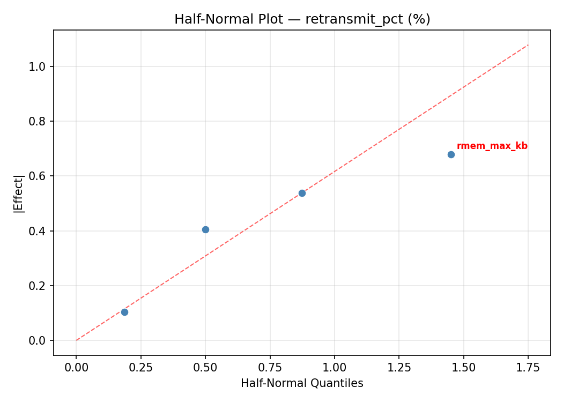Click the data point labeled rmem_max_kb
tap(451, 154)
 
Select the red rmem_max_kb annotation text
tap(492, 146)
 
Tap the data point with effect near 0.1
tap(124, 312)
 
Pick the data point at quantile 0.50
tap(205, 229)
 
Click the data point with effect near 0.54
tap(302, 193)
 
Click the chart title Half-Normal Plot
tap(302, 19)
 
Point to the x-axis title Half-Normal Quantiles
tap(302, 383)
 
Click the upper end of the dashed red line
tap(528, 44)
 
